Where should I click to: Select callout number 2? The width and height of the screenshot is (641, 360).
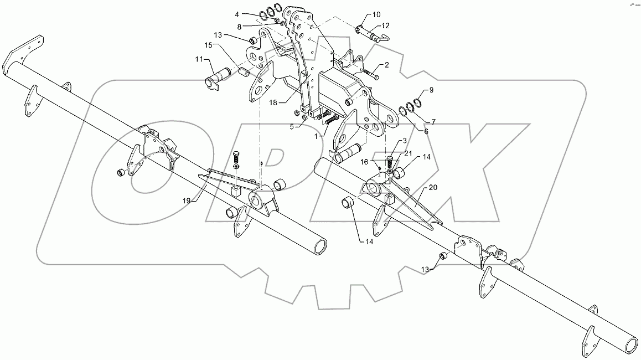pyautogui.click(x=386, y=65)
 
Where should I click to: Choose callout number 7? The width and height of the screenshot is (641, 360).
pyautogui.click(x=433, y=121)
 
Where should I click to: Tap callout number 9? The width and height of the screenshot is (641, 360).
pyautogui.click(x=431, y=89)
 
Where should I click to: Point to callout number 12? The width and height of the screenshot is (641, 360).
pyautogui.click(x=385, y=25)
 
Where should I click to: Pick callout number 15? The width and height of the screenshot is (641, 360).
pyautogui.click(x=208, y=44)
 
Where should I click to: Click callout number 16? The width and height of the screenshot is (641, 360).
pyautogui.click(x=364, y=161)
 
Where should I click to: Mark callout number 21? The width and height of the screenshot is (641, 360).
pyautogui.click(x=407, y=153)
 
